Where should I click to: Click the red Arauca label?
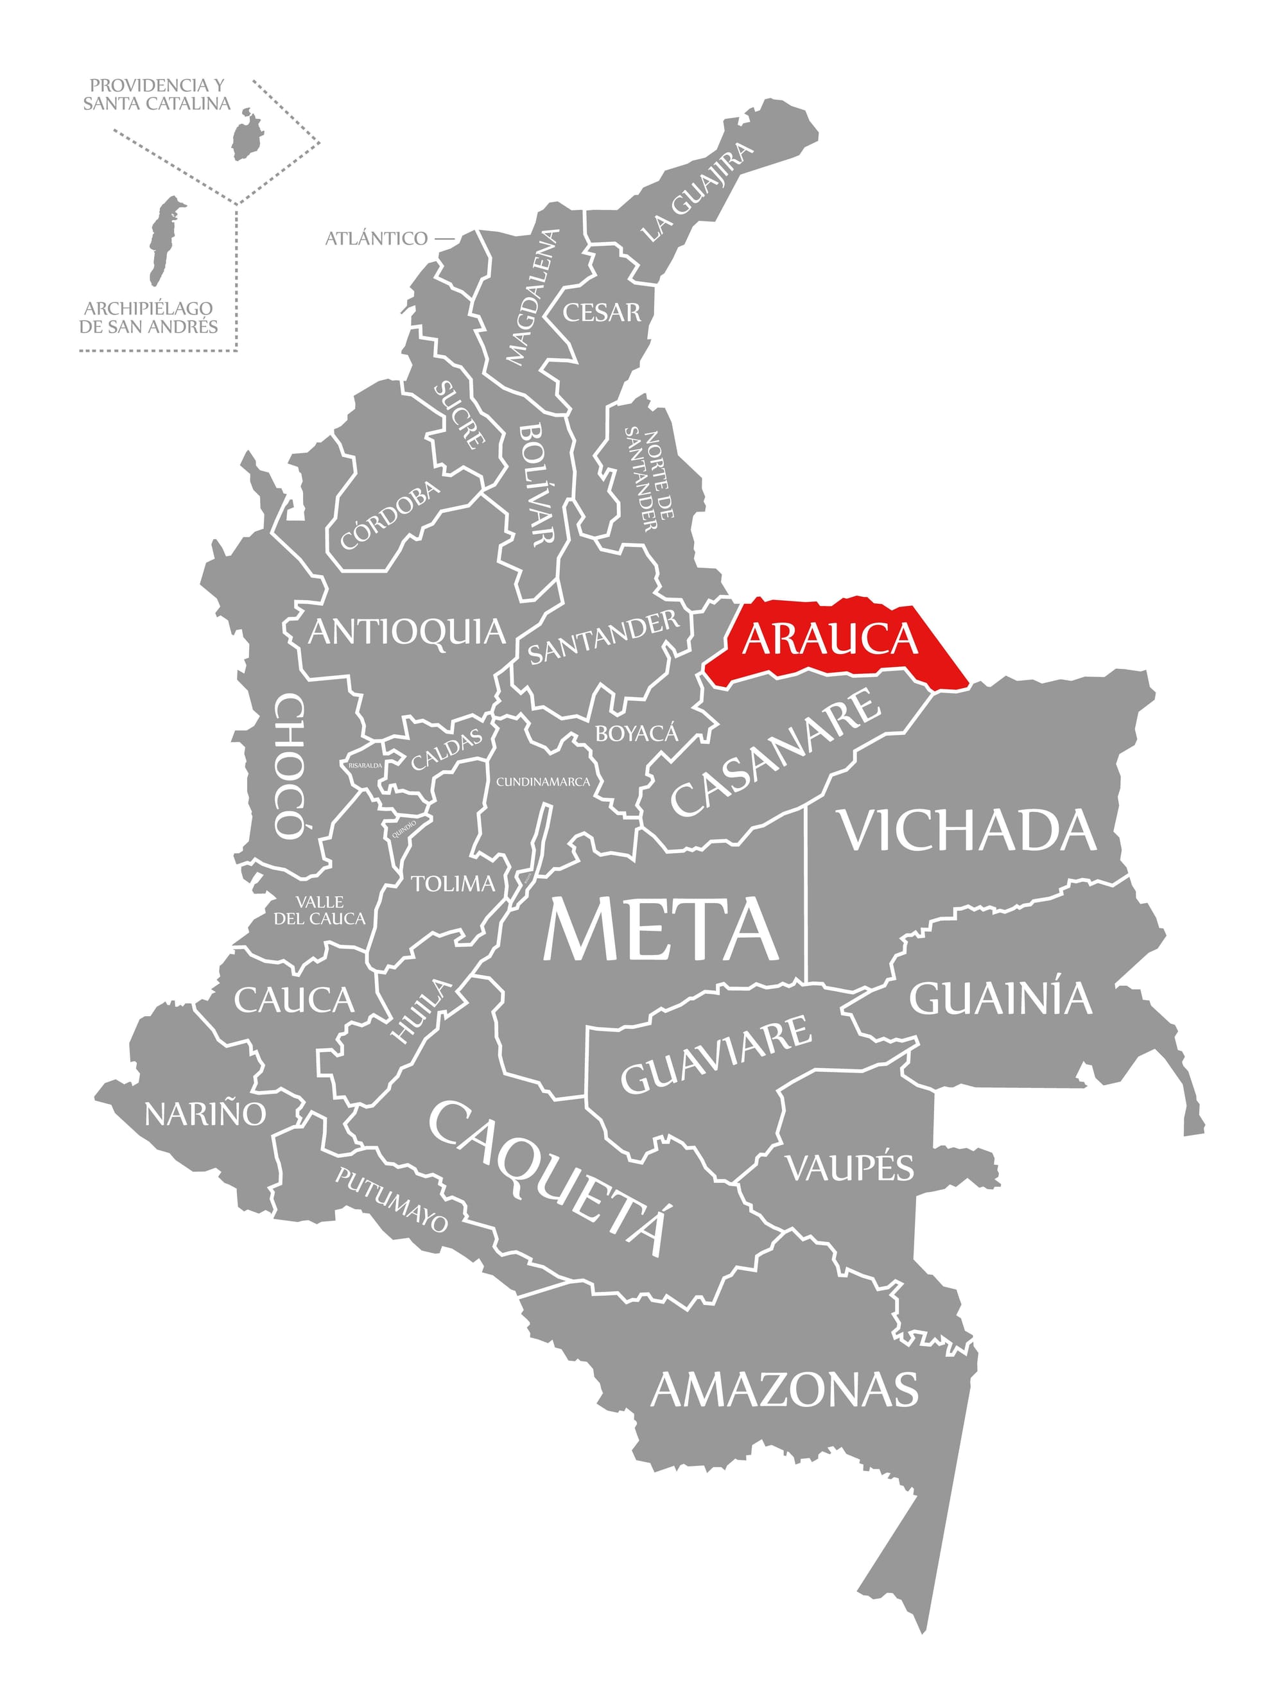pos(830,638)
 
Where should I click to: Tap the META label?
pos(660,931)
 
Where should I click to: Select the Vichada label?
pos(968,832)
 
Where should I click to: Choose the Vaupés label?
pos(849,1168)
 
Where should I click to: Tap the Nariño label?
pos(205,1114)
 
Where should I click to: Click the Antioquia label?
pos(406,632)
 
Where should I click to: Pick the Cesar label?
pos(602,312)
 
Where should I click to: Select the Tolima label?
pos(453,883)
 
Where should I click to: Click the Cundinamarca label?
pos(542,781)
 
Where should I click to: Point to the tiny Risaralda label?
pos(365,765)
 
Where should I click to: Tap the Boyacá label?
pos(636,733)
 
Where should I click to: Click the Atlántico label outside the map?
pos(376,239)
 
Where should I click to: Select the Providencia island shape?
pos(247,135)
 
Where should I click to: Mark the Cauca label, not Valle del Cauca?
pos(293,1001)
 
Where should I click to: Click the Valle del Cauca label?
pos(320,910)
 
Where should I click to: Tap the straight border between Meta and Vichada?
pos(806,895)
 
